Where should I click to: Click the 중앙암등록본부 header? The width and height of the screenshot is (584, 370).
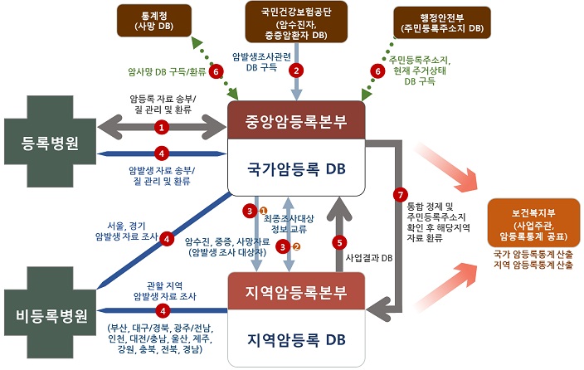(296, 123)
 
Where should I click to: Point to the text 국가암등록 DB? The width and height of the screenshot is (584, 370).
(296, 168)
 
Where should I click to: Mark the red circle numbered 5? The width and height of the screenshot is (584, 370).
(337, 242)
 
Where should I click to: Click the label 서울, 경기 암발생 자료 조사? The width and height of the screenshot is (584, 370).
(126, 230)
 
